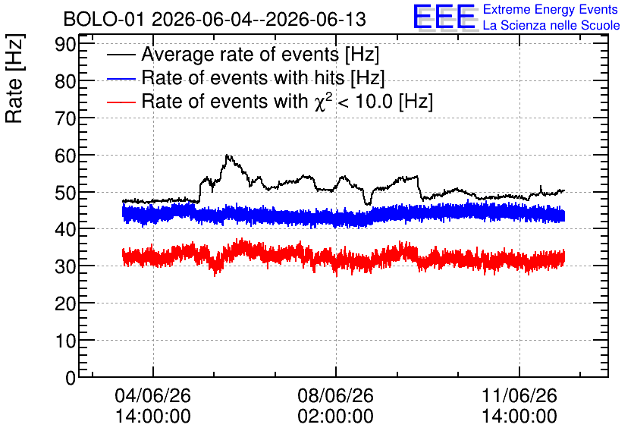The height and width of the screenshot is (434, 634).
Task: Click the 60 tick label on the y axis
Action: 65,156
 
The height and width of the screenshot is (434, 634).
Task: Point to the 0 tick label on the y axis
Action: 71,378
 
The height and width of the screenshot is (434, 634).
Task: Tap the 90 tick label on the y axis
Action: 65,44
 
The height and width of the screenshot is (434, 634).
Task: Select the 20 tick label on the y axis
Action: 65,303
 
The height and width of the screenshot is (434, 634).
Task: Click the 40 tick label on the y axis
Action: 65,229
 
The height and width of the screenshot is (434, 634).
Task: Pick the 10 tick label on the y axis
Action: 65,341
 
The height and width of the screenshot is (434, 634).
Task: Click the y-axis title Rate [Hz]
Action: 14,78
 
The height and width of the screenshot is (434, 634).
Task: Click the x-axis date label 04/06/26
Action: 153,395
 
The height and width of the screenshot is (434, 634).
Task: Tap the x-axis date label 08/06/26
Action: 336,395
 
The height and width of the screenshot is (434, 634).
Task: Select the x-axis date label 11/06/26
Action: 519,395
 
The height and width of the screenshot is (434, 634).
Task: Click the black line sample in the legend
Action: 121,55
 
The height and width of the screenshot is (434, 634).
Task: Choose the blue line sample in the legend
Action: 121,78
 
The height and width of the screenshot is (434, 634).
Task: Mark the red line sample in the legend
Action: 121,102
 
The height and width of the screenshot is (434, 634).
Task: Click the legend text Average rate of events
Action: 240,55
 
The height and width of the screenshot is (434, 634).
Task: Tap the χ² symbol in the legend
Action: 323,101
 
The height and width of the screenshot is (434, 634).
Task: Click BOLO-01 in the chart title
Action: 103,19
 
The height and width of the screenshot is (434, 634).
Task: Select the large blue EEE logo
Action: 444,17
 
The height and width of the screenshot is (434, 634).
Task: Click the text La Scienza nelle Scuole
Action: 551,25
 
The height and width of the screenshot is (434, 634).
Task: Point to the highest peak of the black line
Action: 227,155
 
